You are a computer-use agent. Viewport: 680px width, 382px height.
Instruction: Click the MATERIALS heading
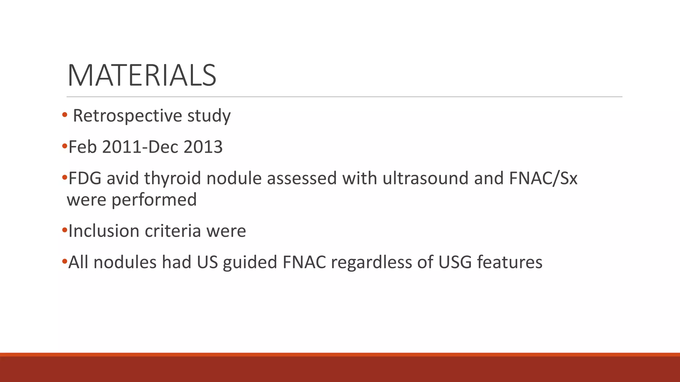[142, 76]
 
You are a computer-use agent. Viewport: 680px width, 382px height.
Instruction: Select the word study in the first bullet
[209, 116]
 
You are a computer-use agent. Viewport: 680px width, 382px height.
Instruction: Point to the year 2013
[203, 147]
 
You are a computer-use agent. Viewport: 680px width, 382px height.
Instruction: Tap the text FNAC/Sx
[543, 178]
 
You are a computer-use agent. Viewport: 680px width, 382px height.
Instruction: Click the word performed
[154, 200]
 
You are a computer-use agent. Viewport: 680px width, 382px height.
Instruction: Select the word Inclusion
[104, 231]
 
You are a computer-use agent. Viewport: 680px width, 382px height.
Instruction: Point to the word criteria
[173, 231]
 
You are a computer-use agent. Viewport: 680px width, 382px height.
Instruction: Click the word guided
[250, 262]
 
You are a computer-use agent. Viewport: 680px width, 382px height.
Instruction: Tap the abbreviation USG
[455, 262]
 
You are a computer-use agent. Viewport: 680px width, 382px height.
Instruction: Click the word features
[510, 262]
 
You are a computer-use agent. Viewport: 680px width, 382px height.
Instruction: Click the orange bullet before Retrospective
[65, 115]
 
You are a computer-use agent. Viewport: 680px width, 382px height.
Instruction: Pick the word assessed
[302, 178]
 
